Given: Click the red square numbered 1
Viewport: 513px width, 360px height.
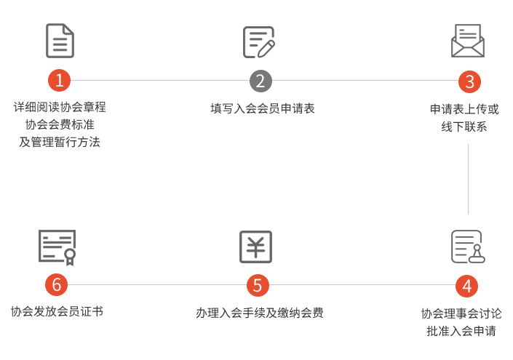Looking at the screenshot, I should [x=59, y=80].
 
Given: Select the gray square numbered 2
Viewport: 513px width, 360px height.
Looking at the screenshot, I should [x=260, y=81].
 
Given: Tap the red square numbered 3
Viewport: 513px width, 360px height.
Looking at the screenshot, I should [x=469, y=81].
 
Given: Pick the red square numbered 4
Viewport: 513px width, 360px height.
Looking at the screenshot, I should [x=466, y=286].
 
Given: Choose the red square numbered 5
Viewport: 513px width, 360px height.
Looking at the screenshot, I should [x=257, y=285].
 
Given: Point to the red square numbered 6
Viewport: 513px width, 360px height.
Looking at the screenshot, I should [x=56, y=285].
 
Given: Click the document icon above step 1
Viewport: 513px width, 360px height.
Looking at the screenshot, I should [x=60, y=41].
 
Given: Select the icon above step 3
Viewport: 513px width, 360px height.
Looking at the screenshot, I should [x=467, y=41].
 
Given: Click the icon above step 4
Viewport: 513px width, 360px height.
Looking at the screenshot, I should [x=467, y=246].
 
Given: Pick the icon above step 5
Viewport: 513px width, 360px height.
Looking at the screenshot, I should [x=256, y=247].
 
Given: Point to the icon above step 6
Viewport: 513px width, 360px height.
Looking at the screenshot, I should [x=57, y=247].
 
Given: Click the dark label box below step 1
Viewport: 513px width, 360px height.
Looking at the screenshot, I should [x=60, y=124].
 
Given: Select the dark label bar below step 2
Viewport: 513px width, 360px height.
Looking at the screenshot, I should [x=262, y=108].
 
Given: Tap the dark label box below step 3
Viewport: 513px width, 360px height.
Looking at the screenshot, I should [x=464, y=118].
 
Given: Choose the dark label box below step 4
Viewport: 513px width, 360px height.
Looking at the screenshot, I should [x=461, y=322].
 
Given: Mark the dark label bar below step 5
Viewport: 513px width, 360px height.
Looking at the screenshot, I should [x=259, y=313].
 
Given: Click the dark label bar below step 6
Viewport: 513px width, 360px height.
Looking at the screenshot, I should [x=57, y=311].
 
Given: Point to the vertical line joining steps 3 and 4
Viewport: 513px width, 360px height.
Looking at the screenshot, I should [x=467, y=178].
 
